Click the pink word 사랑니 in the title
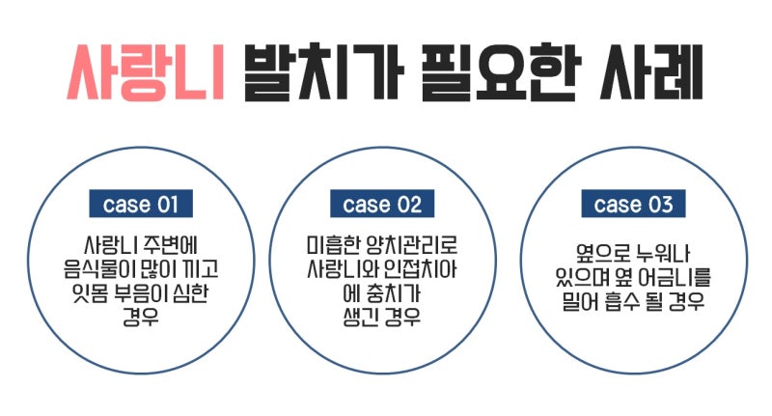pyautogui.click(x=146, y=72)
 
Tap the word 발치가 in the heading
pyautogui.click(x=324, y=72)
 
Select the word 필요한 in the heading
pyautogui.click(x=502, y=72)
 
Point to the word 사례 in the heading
pyautogui.click(x=650, y=72)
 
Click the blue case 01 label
pyautogui.click(x=141, y=204)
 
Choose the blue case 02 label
pyautogui.click(x=382, y=204)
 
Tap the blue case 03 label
pyautogui.click(x=633, y=204)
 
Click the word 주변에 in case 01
pyautogui.click(x=171, y=244)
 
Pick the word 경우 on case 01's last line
pyautogui.click(x=141, y=317)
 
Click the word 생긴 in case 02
pyautogui.click(x=360, y=317)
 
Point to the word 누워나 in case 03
pyautogui.click(x=663, y=253)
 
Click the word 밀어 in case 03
pyautogui.click(x=580, y=301)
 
